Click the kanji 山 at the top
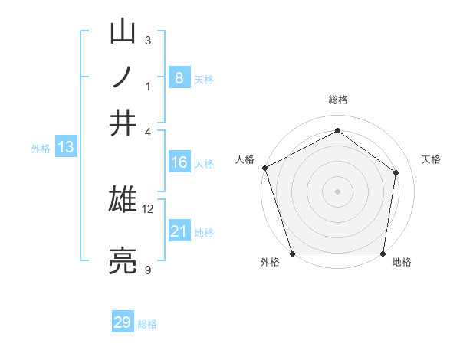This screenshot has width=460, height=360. point(123,31)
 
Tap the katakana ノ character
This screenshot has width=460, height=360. point(123,77)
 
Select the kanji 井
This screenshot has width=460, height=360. point(123,123)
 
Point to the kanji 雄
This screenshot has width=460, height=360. point(123,199)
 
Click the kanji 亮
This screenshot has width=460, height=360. point(123,260)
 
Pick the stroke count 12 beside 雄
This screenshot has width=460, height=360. point(147,209)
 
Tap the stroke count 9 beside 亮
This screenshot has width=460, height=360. point(148,270)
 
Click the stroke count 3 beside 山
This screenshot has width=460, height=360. point(148,40)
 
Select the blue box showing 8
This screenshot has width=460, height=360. point(179,77)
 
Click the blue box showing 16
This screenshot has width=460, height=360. point(179,162)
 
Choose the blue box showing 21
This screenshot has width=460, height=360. point(179,230)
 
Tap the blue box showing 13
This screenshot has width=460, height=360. point(66,146)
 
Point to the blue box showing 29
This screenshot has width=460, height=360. point(123,321)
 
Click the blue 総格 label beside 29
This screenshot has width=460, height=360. point(147,324)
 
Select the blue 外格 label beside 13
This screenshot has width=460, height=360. point(41,149)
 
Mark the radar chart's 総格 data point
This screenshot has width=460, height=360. point(337,130)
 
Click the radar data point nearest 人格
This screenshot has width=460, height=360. point(265,168)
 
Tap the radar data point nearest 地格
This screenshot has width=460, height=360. point(383,254)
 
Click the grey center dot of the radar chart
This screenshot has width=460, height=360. point(337,191)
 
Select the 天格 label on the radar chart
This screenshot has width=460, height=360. point(431,159)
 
